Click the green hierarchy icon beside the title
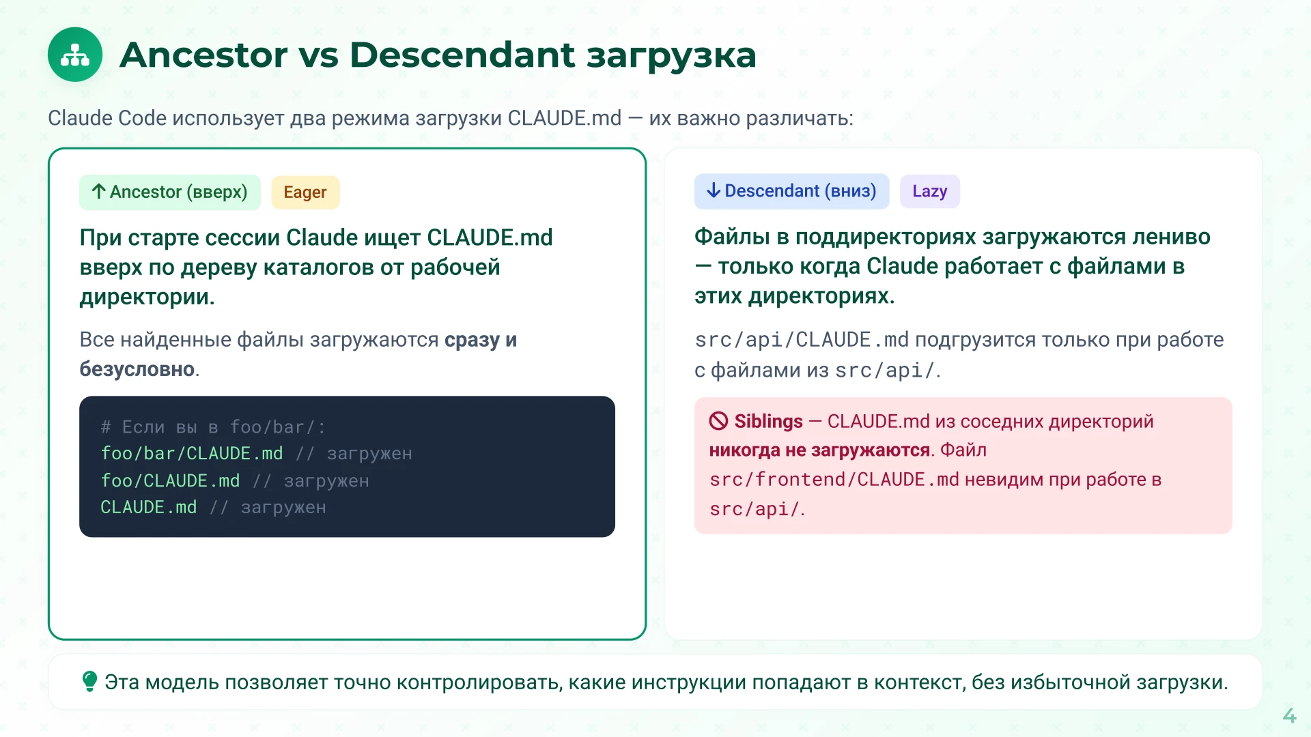(x=75, y=55)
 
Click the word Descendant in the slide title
(x=462, y=55)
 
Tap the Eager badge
(x=305, y=192)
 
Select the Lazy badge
(x=929, y=191)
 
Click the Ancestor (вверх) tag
(x=170, y=192)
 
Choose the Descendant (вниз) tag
(x=791, y=191)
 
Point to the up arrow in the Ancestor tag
(x=99, y=192)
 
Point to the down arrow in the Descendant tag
(x=714, y=190)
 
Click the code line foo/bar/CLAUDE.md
(x=192, y=454)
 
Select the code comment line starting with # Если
(x=213, y=427)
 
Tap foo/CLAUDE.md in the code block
(x=171, y=481)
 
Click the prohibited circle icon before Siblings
(x=718, y=421)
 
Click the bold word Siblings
(x=768, y=422)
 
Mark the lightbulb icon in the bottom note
(x=89, y=681)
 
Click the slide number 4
(x=1289, y=715)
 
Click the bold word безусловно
(x=137, y=369)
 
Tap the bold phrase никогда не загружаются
(x=819, y=450)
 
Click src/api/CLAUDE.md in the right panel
(x=802, y=340)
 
